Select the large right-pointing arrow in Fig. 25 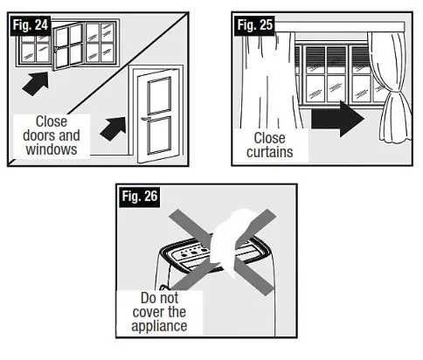(336, 118)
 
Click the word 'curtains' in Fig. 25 (270, 151)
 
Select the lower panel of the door (158, 138)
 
